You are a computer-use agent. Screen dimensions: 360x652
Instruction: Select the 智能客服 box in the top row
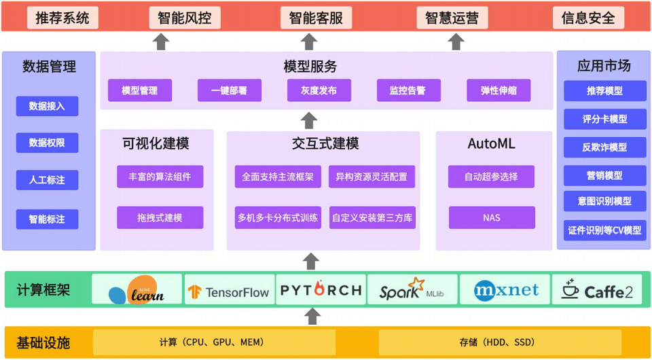316,18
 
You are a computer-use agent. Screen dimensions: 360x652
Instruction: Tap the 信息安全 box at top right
587,18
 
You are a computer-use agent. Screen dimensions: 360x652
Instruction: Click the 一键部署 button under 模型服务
229,90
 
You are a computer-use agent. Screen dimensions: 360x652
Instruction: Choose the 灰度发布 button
319,90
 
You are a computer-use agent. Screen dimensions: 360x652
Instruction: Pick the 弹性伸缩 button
498,90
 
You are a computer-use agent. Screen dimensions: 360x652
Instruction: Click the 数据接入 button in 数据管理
47,106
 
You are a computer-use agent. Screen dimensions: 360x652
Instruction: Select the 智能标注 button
47,219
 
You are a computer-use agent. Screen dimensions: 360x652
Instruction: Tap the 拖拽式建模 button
160,217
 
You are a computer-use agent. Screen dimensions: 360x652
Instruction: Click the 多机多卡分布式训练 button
277,218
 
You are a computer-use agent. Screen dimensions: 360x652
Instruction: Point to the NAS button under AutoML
491,218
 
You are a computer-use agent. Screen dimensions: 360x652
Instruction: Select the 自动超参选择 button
491,177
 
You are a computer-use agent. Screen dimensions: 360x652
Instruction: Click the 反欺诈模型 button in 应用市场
604,147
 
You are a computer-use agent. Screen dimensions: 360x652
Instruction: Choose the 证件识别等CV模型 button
604,230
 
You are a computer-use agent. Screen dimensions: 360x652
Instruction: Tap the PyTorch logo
321,290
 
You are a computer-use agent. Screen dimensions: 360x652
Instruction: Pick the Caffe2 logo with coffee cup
598,290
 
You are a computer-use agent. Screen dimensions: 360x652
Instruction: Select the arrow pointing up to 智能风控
161,42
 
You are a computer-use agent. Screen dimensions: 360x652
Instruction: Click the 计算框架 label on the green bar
43,290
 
